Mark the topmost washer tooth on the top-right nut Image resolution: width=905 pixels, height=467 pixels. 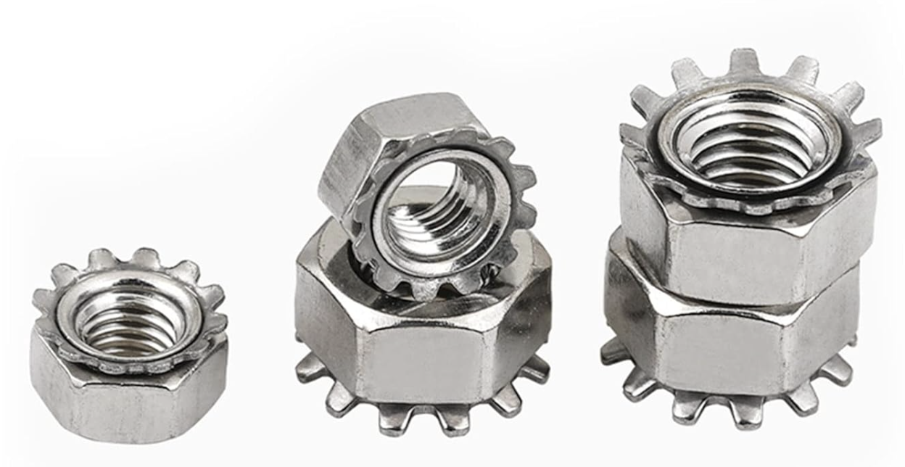point(745,60)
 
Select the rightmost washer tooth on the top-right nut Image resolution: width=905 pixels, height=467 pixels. point(867,131)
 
